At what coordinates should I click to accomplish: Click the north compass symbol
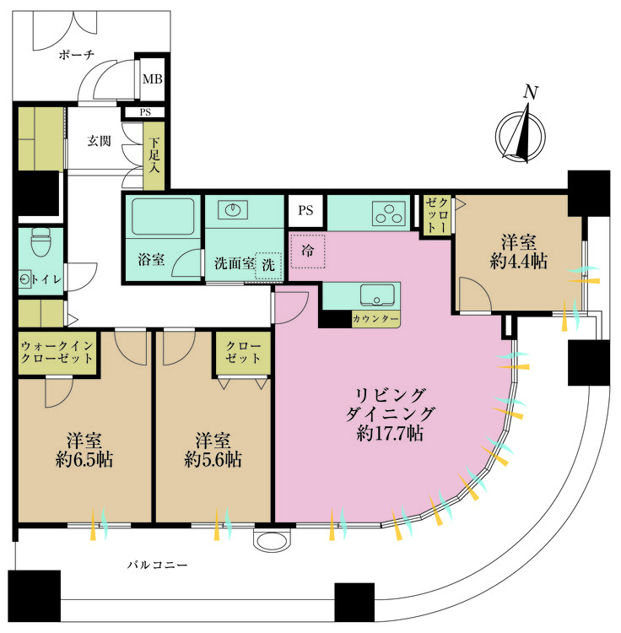521,131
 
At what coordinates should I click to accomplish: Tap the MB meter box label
152,78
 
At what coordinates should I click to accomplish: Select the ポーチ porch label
77,55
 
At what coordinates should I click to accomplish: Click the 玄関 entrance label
99,141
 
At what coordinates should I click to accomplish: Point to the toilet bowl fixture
40,241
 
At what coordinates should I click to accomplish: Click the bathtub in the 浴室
163,216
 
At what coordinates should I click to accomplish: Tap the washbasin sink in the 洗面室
233,210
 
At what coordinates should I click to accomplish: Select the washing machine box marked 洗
268,265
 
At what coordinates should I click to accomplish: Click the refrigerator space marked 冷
307,252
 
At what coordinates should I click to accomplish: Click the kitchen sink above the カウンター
377,295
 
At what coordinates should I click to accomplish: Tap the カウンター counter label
375,319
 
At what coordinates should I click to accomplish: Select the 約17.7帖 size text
390,433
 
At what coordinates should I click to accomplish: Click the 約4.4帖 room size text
519,262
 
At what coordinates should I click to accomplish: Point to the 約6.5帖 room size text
84,459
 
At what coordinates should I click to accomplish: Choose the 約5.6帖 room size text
213,459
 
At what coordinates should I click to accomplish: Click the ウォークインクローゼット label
57,352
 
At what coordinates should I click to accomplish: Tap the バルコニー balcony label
158,565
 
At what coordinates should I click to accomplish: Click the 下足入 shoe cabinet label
154,155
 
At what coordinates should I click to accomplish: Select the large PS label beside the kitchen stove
305,210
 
